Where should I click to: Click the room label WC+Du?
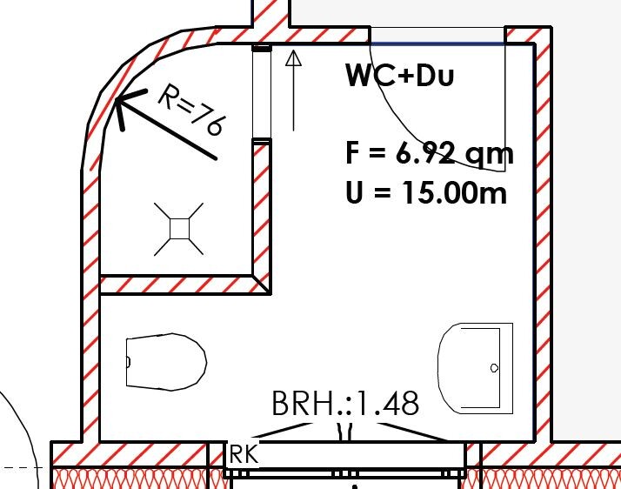point(399,75)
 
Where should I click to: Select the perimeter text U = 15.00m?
point(426,192)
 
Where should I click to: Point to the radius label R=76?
point(192,110)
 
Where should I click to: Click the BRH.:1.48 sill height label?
point(345,403)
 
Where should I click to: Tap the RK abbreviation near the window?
point(244,454)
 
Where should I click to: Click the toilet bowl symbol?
point(166,362)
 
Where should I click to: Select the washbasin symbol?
point(475,368)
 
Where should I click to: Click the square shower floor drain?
point(179,229)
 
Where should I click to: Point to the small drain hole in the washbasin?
point(494,368)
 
